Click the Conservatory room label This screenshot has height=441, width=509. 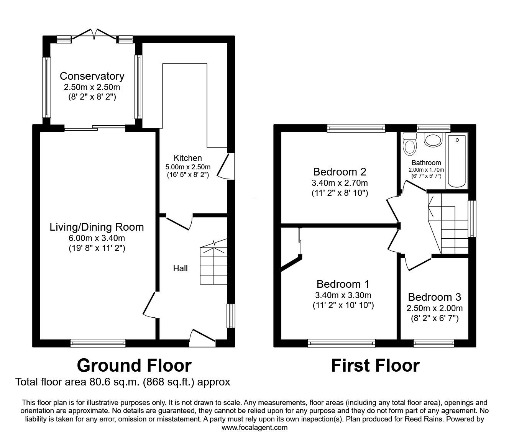(x=92, y=76)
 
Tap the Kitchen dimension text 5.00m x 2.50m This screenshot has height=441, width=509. (x=188, y=167)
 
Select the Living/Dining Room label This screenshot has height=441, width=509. (x=97, y=227)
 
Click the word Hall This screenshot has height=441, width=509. (x=180, y=268)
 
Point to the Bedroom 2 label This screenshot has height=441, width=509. (x=340, y=171)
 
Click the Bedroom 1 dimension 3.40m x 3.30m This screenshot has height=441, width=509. (x=343, y=295)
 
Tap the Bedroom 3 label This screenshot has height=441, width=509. (x=434, y=297)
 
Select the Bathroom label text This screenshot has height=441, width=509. (x=426, y=163)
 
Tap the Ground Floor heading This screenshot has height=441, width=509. (x=134, y=365)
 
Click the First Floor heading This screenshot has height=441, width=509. (x=375, y=365)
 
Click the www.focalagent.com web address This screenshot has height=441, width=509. (x=254, y=428)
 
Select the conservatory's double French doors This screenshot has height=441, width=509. (x=94, y=34)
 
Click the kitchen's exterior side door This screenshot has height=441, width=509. (x=225, y=166)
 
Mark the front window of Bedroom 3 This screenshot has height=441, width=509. (x=433, y=343)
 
